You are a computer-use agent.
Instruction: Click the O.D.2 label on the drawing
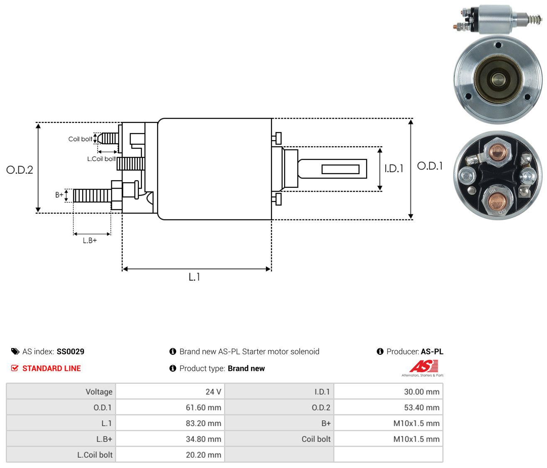pos(20,170)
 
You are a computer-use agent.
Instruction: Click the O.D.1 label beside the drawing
pos(429,166)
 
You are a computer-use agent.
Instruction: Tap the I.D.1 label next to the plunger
pos(394,168)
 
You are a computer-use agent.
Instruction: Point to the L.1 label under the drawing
pos(194,277)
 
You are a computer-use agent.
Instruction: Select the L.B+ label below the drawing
pos(90,241)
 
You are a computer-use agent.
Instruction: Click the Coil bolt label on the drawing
pos(80,139)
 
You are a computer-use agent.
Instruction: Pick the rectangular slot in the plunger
pos(340,169)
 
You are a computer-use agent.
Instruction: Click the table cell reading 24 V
pos(213,392)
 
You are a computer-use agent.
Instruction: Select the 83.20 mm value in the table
pos(203,423)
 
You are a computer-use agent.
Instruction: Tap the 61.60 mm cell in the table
pos(203,408)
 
